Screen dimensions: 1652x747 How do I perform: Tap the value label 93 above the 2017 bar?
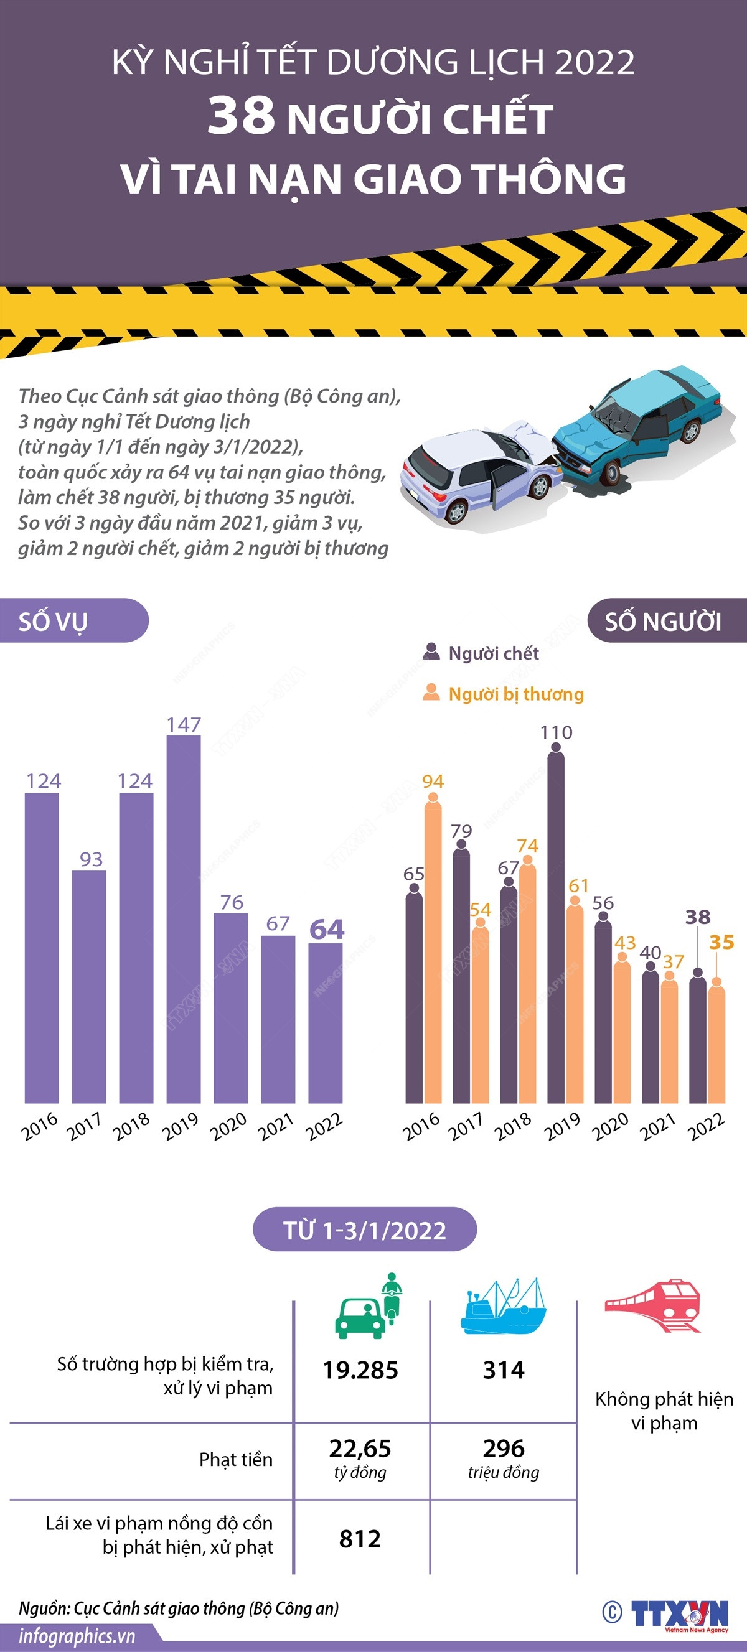coord(91,859)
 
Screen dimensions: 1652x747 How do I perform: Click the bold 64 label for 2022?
coord(327,929)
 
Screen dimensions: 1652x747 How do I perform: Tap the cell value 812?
coord(360,1538)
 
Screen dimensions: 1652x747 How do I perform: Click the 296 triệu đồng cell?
coord(504,1457)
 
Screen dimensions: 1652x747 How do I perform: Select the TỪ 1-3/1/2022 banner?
coord(365,1230)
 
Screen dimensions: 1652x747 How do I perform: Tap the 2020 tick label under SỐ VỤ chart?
coord(228,1127)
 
